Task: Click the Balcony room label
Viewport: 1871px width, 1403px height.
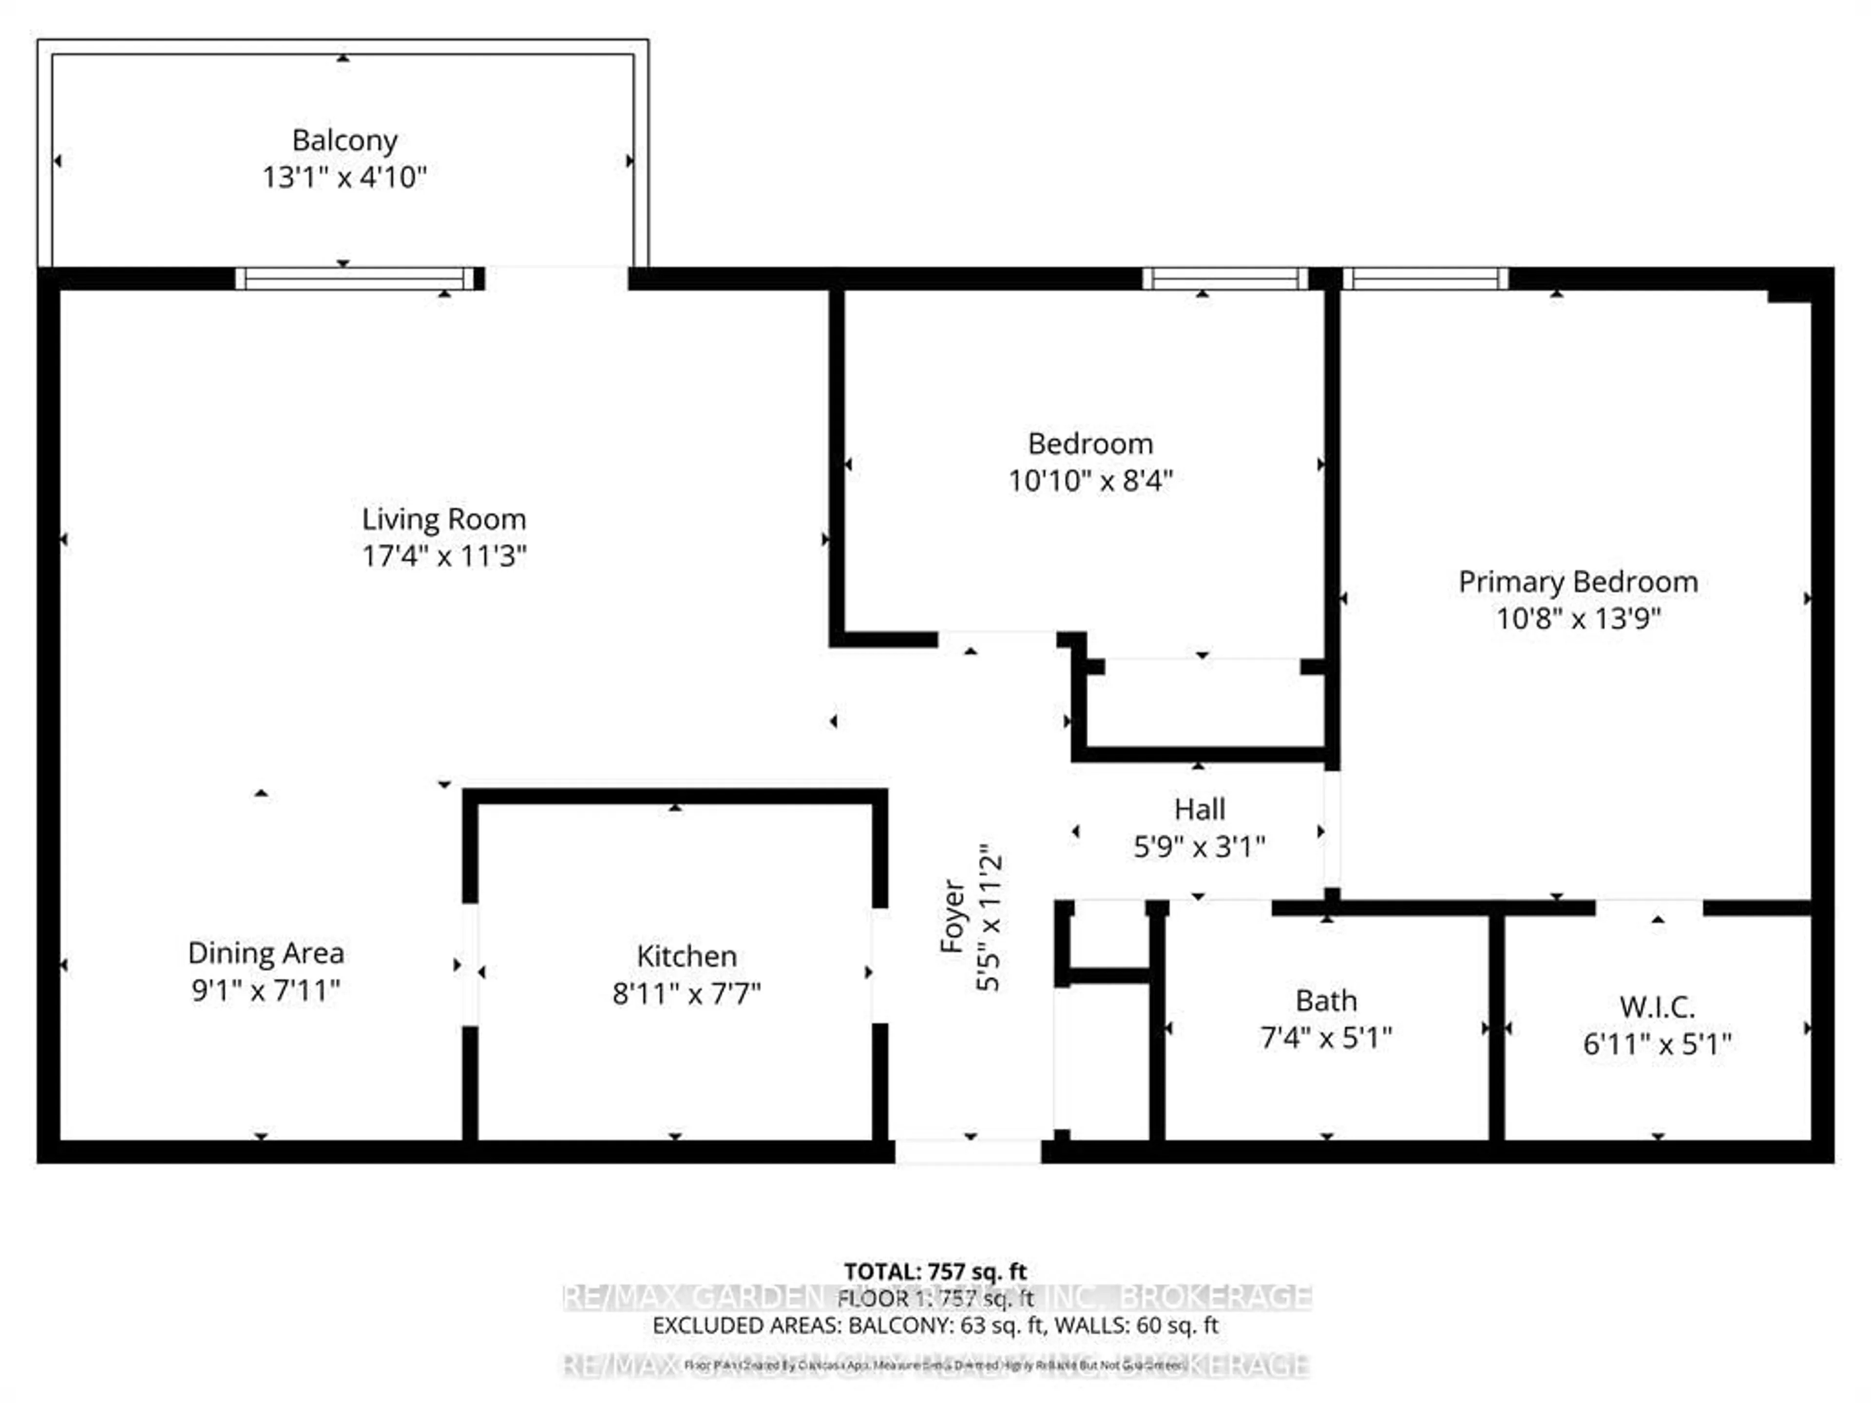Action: click(x=344, y=140)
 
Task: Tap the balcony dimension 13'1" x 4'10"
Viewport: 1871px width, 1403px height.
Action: click(x=344, y=178)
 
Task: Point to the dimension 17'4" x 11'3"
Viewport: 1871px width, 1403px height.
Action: click(x=444, y=556)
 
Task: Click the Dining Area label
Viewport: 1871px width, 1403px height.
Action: click(x=266, y=953)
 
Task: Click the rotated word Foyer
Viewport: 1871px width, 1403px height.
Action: click(x=953, y=916)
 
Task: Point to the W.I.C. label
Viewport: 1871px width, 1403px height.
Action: click(x=1657, y=1007)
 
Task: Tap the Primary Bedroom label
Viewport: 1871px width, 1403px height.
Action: click(x=1578, y=582)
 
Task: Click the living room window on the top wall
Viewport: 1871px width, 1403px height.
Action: click(x=355, y=278)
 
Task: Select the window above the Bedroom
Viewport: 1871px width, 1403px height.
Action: click(x=1225, y=278)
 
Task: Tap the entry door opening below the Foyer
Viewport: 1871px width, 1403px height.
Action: click(x=969, y=1152)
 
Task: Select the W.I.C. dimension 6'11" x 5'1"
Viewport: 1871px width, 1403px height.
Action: click(x=1657, y=1044)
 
